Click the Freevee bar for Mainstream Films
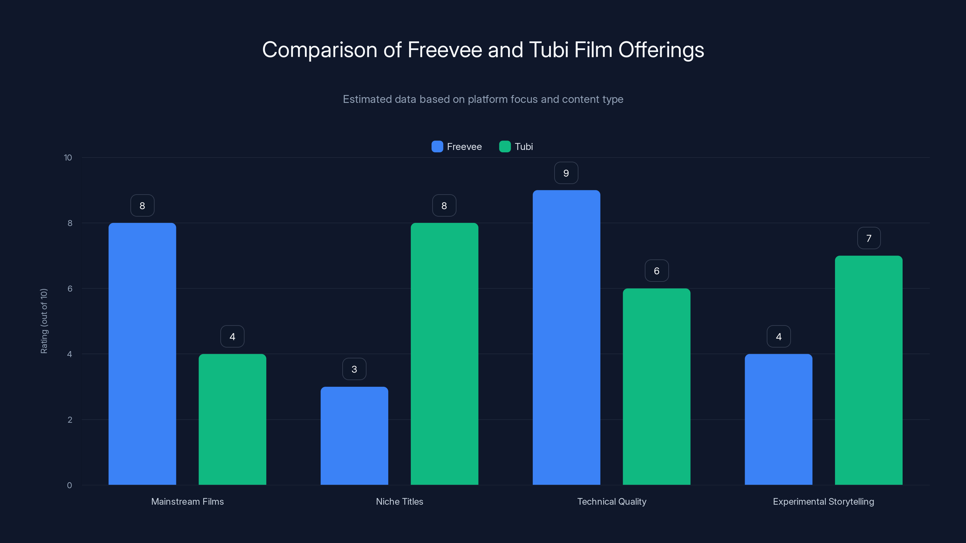tap(142, 354)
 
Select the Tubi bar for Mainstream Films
tap(232, 419)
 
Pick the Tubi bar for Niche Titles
tap(444, 354)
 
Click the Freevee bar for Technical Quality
tap(566, 337)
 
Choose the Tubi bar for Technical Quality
tap(656, 386)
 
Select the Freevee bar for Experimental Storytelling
tap(779, 419)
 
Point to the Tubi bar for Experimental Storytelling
tap(868, 370)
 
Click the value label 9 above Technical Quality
tap(566, 173)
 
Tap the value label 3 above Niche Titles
tap(354, 370)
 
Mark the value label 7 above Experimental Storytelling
tap(869, 238)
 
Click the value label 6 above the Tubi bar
tap(657, 271)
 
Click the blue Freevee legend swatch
tap(437, 147)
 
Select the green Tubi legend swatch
tap(505, 147)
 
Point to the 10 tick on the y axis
tap(68, 158)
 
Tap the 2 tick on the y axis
tap(70, 420)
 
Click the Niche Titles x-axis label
tap(399, 501)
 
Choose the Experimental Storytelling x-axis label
tap(824, 501)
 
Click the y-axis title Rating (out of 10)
tap(44, 321)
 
